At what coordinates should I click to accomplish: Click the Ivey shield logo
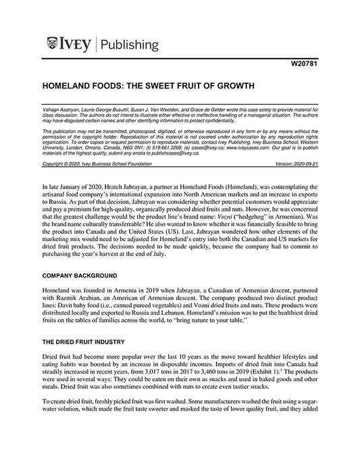(53, 45)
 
